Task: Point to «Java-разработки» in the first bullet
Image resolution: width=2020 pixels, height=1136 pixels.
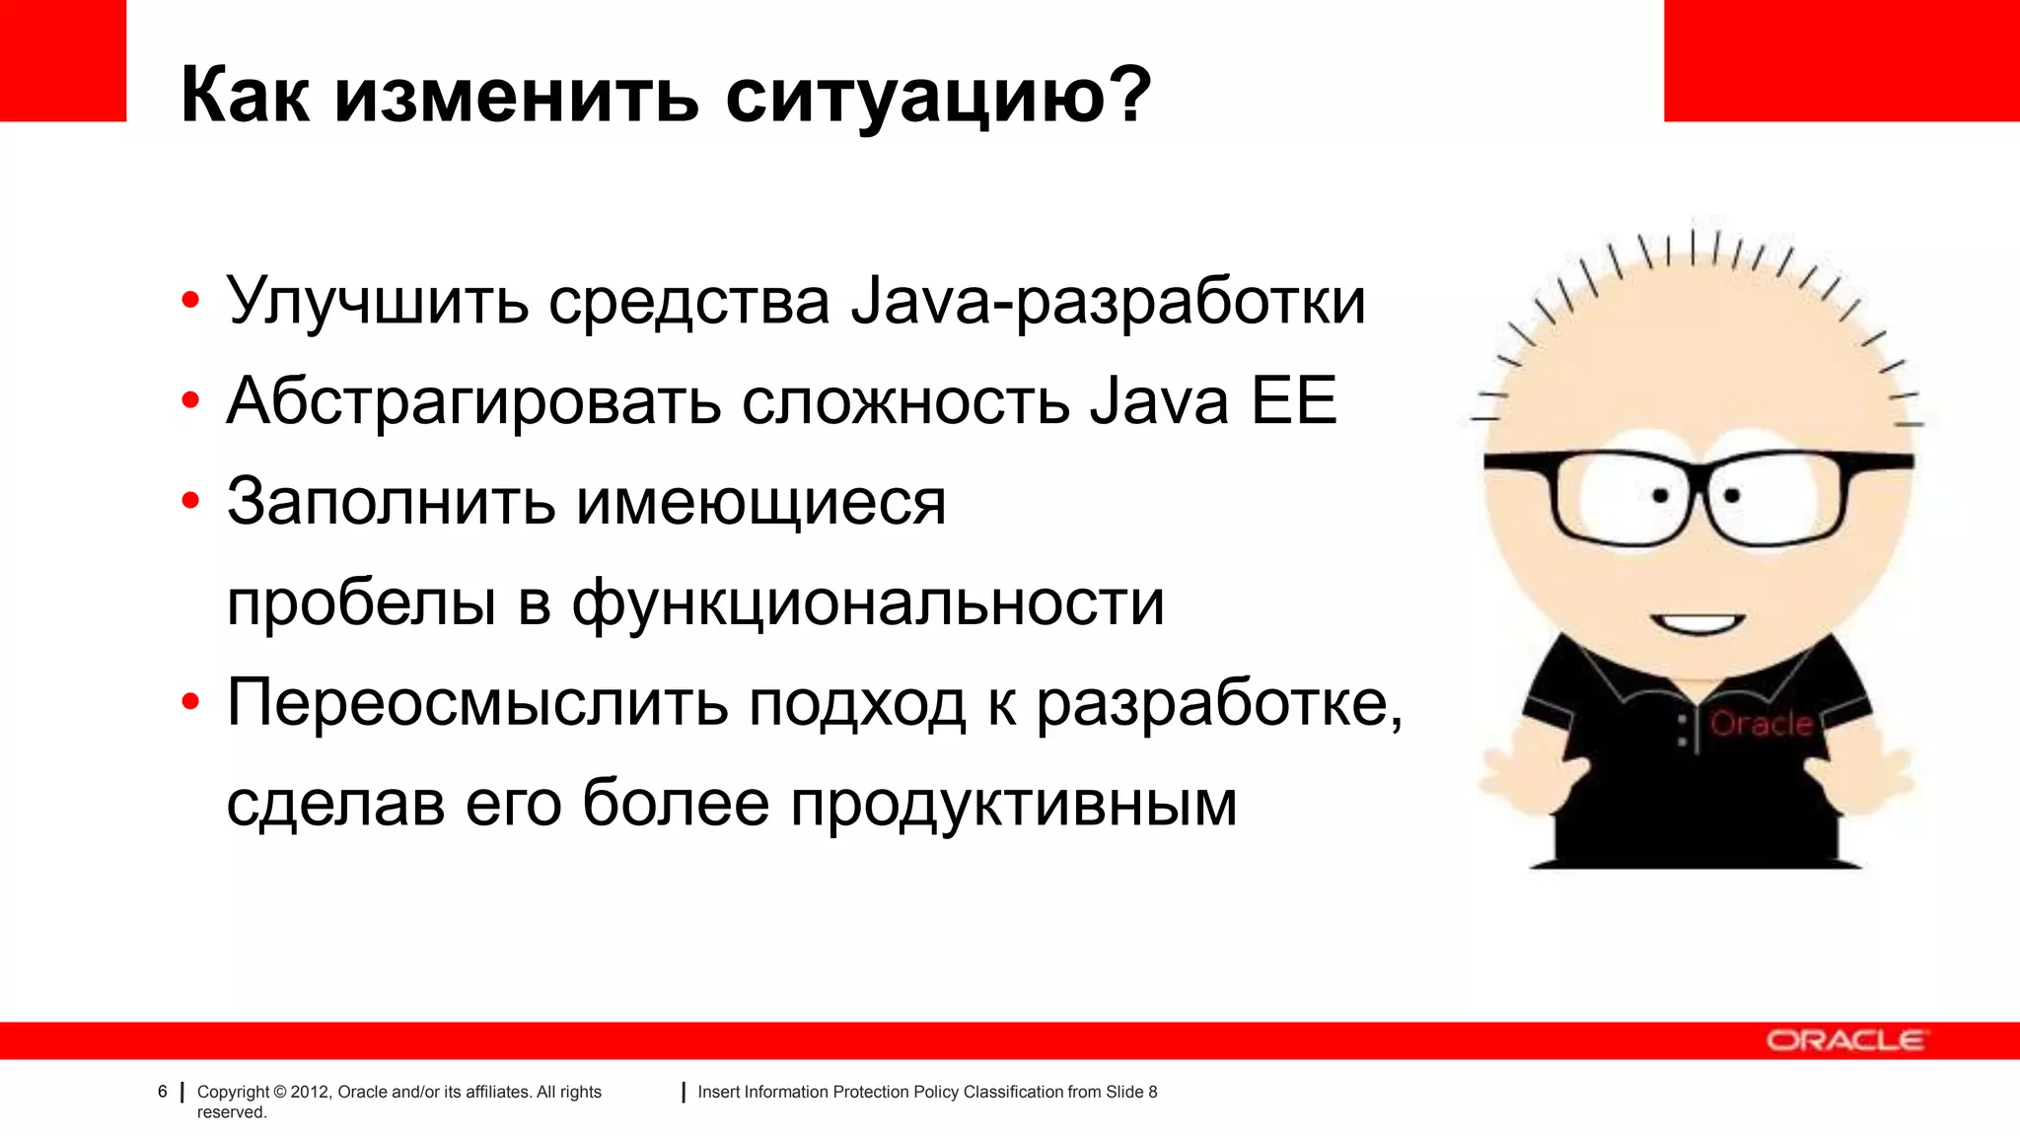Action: click(1108, 301)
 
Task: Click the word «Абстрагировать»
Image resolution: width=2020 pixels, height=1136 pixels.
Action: click(473, 401)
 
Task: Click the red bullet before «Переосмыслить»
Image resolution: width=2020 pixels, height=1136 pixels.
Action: click(190, 702)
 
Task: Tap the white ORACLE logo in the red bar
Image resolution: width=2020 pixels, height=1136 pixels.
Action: click(1844, 1040)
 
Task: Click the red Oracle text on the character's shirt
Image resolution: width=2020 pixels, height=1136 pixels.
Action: click(1762, 724)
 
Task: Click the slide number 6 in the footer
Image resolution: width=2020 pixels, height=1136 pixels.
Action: click(163, 1092)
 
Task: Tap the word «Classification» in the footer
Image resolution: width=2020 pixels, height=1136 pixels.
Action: click(1013, 1092)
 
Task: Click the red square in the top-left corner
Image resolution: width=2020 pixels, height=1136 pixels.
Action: click(63, 60)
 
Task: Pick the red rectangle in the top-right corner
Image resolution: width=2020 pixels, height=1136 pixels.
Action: click(1841, 60)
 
